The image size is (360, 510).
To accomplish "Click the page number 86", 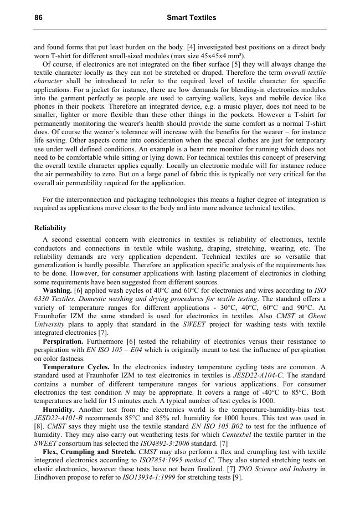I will pos(38,18).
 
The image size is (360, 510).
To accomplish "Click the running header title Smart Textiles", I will pos(191,18).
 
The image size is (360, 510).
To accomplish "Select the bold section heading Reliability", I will pos(50,228).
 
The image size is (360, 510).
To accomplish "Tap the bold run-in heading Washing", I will pos(57,290).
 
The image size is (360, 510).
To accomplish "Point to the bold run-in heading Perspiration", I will pos(63,341).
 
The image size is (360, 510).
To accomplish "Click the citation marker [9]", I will pos(237,477).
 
